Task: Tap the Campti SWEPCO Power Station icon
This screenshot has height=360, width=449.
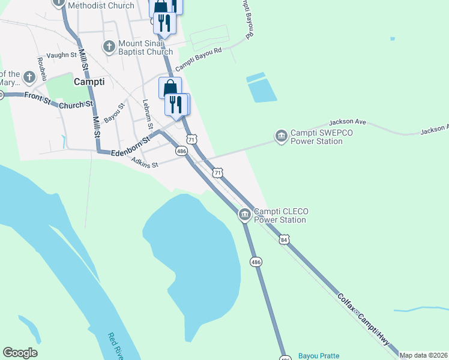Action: tap(280, 137)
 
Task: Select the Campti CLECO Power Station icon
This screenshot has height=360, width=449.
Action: tap(244, 214)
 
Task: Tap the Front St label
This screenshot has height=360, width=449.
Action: tap(37, 98)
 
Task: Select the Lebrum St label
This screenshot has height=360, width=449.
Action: tap(145, 112)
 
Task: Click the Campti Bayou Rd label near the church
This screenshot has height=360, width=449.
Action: tap(199, 59)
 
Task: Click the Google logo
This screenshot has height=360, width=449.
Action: tap(20, 353)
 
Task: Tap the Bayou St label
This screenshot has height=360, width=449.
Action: tap(113, 113)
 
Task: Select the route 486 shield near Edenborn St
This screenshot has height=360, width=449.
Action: tap(181, 152)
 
